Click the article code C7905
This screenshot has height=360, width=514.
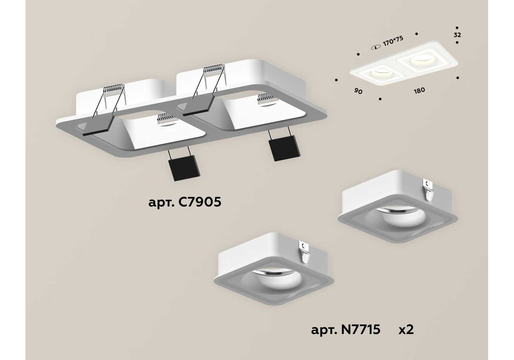coord(185,202)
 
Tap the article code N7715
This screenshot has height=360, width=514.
coord(345,330)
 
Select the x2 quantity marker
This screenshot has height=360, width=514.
coord(406,330)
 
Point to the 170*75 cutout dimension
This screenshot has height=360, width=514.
coord(393,41)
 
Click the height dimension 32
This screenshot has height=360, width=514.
coord(457,35)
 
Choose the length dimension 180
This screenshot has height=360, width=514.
coord(419,91)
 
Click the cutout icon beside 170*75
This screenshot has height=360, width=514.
coord(376,48)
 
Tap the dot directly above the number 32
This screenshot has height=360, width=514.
coord(457,28)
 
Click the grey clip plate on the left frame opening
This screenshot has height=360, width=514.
coord(98,125)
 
